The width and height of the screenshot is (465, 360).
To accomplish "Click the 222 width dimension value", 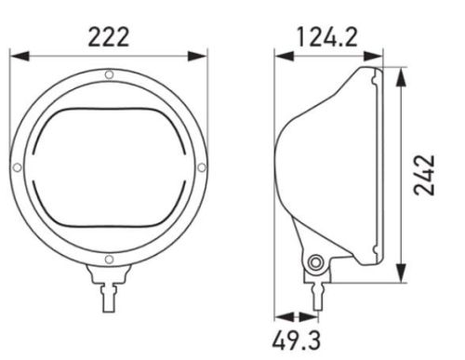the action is pyautogui.click(x=108, y=37).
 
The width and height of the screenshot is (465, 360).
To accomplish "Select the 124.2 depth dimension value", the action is pyautogui.click(x=327, y=37).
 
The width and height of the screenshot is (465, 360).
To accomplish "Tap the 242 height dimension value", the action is pyautogui.click(x=424, y=175).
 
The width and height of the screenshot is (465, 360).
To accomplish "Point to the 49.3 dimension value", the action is pyautogui.click(x=297, y=340).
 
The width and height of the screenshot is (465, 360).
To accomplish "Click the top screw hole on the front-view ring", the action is pyautogui.click(x=109, y=74).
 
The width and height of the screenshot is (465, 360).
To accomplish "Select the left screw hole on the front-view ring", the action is pyautogui.click(x=18, y=167).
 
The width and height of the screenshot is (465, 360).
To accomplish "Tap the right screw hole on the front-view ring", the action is pyautogui.click(x=202, y=167).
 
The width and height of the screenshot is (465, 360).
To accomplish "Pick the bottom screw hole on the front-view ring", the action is pyautogui.click(x=109, y=260).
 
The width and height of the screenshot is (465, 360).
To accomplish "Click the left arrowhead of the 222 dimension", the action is pyautogui.click(x=20, y=57).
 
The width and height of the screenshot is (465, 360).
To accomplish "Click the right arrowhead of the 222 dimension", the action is pyautogui.click(x=197, y=57).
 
